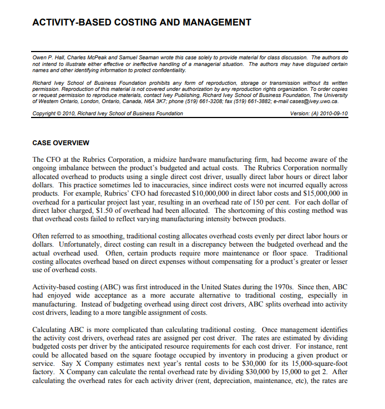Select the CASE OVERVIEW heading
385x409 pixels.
click(61, 143)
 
